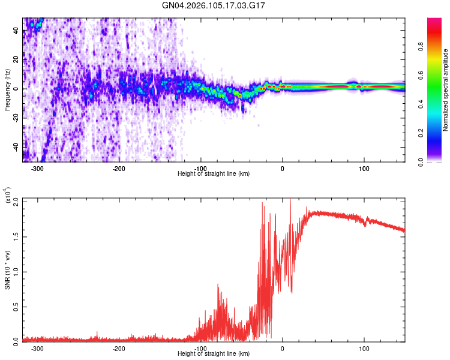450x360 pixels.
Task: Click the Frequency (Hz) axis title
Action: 7,90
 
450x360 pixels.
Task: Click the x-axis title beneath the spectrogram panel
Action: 214,174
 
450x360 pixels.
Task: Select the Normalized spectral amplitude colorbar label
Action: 446,90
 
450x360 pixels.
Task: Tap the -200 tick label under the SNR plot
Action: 119,349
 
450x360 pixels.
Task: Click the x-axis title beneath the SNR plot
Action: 214,353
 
